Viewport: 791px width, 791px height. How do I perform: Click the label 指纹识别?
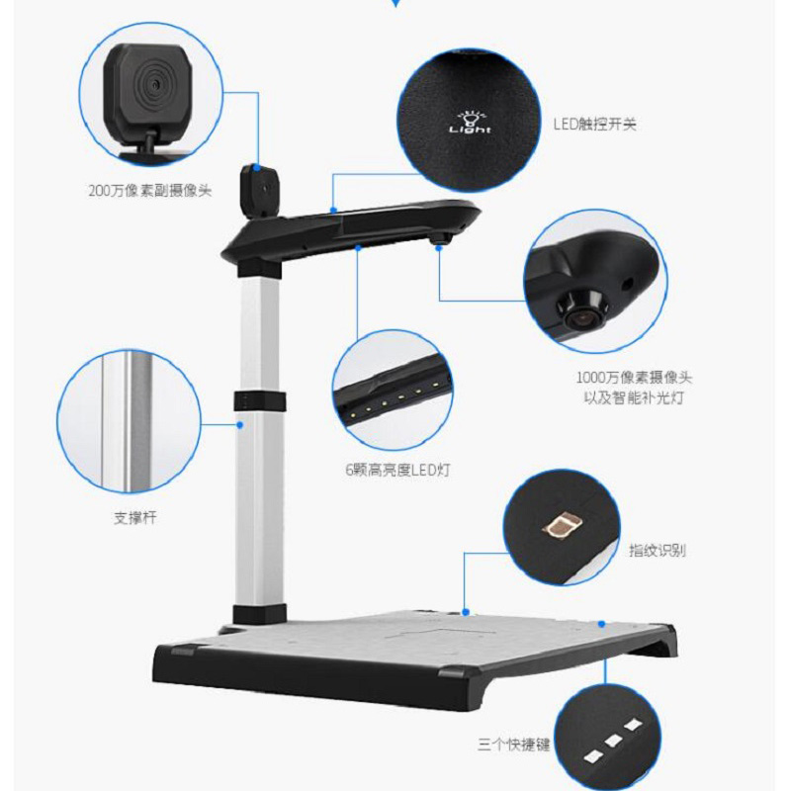[657, 551]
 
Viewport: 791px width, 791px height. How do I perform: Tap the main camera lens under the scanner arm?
[440, 238]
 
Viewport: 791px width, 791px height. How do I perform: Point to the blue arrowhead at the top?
[395, 5]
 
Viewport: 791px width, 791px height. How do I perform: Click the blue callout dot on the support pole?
[239, 426]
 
